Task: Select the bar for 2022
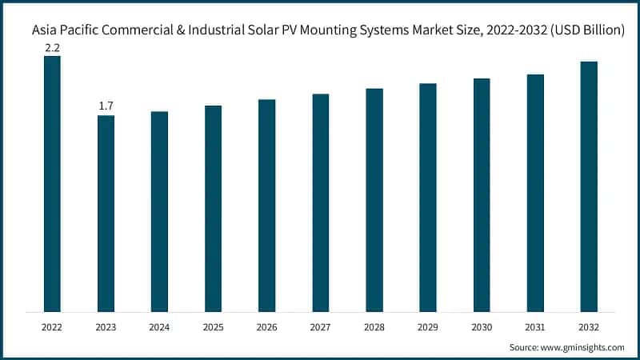52,183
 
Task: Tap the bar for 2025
213,208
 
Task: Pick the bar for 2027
320,202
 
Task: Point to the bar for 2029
427,197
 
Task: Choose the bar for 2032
588,186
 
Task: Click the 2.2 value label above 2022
52,47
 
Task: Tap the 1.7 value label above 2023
106,106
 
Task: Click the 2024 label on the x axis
159,326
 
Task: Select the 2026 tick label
266,326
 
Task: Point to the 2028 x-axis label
374,326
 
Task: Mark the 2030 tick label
481,326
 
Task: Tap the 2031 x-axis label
534,326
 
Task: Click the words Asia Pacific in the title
64,30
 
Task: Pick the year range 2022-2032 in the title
506,30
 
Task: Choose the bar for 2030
481,194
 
